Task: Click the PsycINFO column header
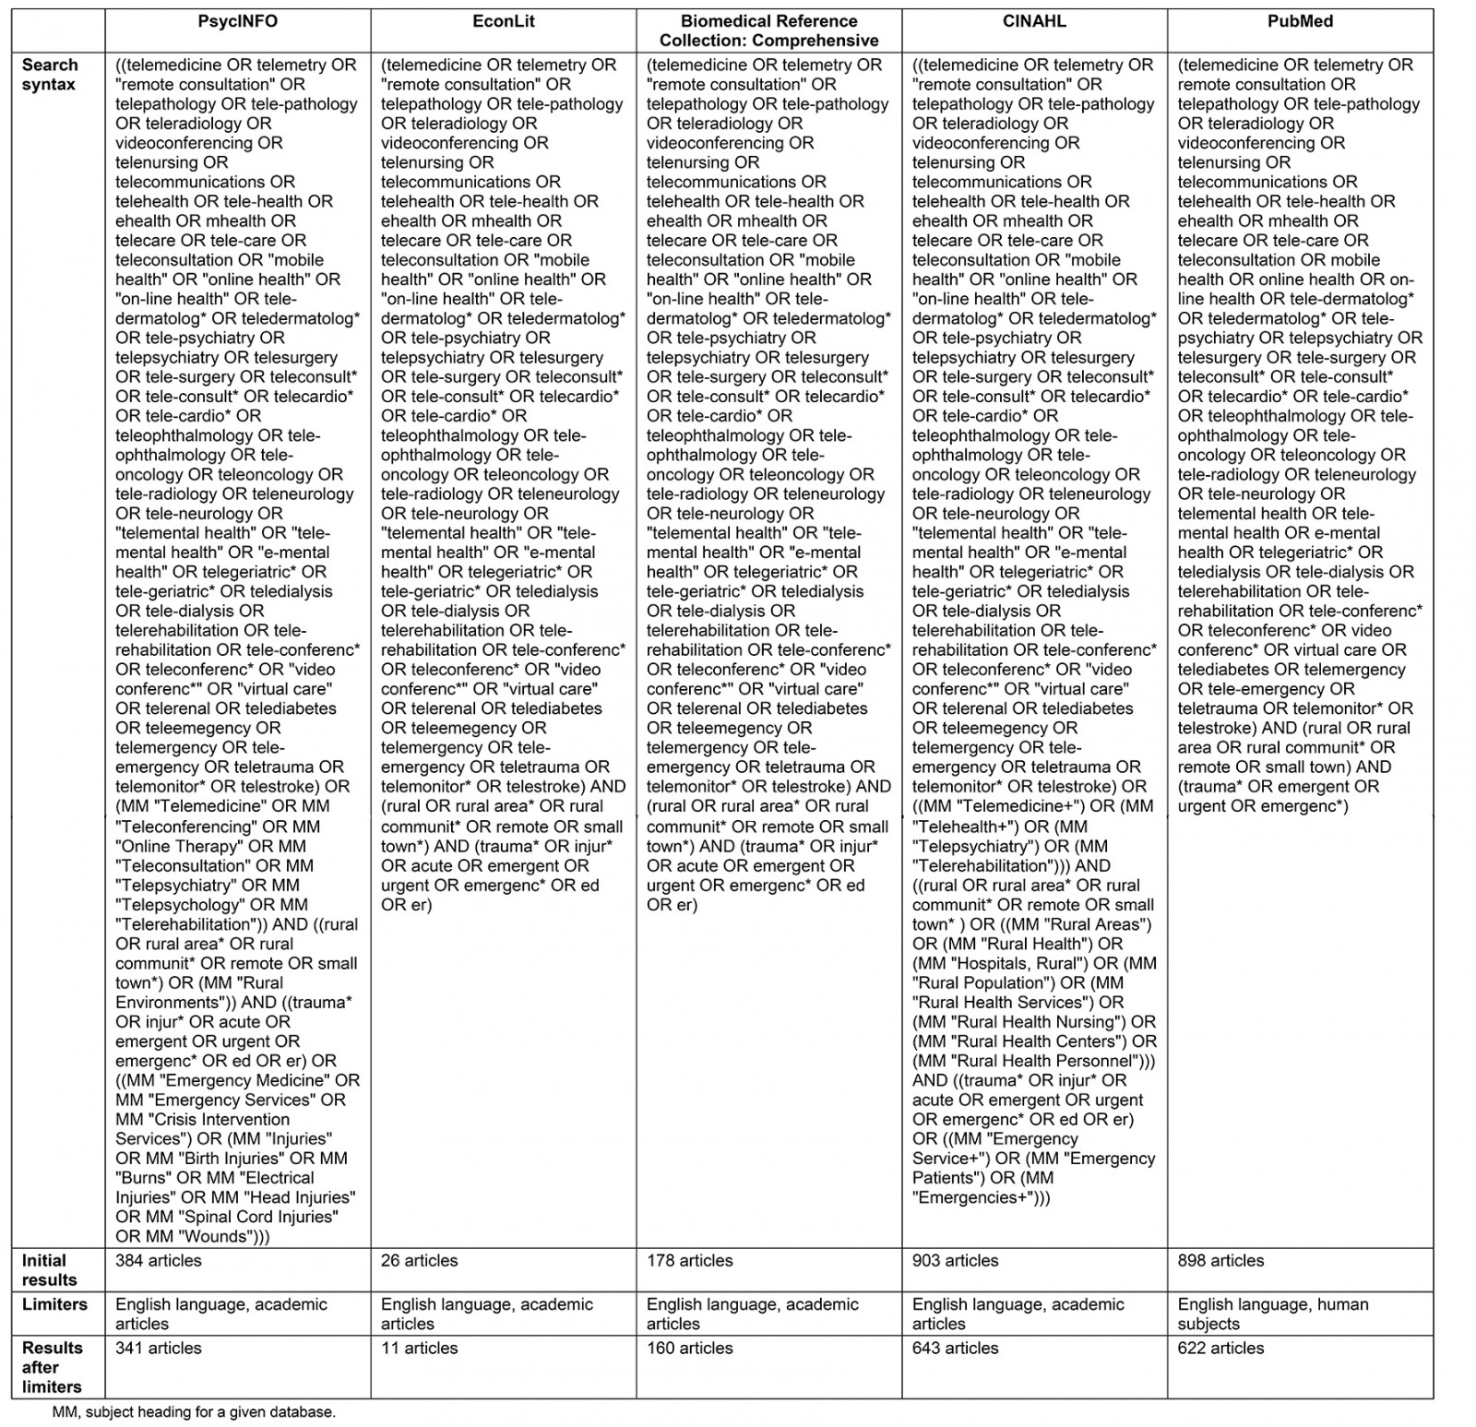pyautogui.click(x=237, y=21)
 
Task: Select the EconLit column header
pyautogui.click(x=503, y=21)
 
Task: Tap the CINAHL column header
pyautogui.click(x=1034, y=21)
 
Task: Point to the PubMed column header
pyautogui.click(x=1300, y=21)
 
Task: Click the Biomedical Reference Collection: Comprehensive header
pyautogui.click(x=768, y=30)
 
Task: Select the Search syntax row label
pyautogui.click(x=51, y=75)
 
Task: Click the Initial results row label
pyautogui.click(x=51, y=1269)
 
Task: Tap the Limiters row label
pyautogui.click(x=54, y=1304)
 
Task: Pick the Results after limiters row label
pyautogui.click(x=52, y=1367)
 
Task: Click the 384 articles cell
pyautogui.click(x=159, y=1260)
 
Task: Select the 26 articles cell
pyautogui.click(x=420, y=1260)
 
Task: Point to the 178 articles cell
pyautogui.click(x=690, y=1260)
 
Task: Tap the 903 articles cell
pyautogui.click(x=956, y=1260)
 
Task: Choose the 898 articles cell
pyautogui.click(x=1221, y=1260)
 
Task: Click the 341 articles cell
pyautogui.click(x=159, y=1348)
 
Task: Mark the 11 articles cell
pyautogui.click(x=420, y=1348)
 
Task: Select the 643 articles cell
pyautogui.click(x=956, y=1348)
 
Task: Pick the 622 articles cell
pyautogui.click(x=1221, y=1348)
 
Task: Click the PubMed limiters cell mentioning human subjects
pyautogui.click(x=1273, y=1314)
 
